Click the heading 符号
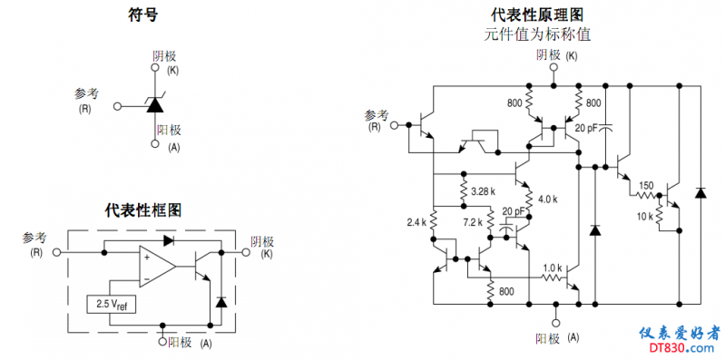pos(142,15)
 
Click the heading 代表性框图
pos(142,210)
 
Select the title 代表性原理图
pos(537,15)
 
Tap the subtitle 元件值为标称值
pos(537,34)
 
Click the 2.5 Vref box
pos(112,304)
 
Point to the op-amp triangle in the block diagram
pos(157,267)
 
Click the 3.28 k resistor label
pos(483,190)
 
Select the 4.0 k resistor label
pos(548,199)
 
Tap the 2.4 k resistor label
pos(416,222)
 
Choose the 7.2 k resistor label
pos(473,222)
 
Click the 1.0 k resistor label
pos(553,268)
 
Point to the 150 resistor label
pos(646,186)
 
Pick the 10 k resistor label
pos(645,217)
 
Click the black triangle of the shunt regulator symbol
pos(154,106)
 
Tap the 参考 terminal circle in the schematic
pos(395,125)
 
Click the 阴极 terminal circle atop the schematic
pos(554,67)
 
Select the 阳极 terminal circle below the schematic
pos(555,322)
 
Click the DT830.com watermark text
pos(679,347)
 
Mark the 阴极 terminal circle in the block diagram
pos(246,252)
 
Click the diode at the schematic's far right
pos(701,193)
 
